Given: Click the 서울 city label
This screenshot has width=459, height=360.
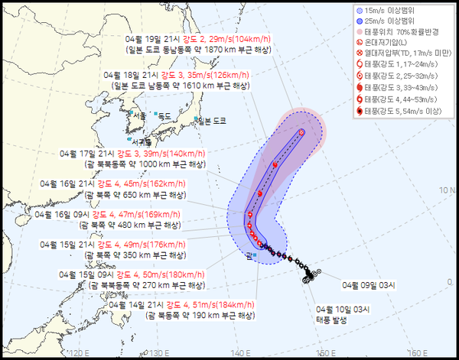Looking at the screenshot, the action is pyautogui.click(x=138, y=116).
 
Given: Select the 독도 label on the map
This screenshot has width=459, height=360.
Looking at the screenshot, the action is pyautogui.click(x=164, y=116).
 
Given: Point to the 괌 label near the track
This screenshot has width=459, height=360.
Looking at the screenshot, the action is pyautogui.click(x=249, y=256).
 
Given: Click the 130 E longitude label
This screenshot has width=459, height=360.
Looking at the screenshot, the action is pyautogui.click(x=158, y=353).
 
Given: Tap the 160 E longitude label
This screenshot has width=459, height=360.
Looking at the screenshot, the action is pyautogui.click(x=416, y=353).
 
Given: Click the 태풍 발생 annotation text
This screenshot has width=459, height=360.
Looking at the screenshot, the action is pyautogui.click(x=332, y=319).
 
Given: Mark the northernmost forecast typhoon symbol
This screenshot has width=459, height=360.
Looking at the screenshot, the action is pyautogui.click(x=301, y=132).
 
